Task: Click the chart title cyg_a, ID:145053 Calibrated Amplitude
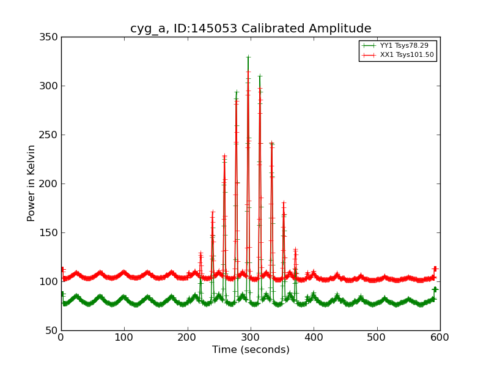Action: pyautogui.click(x=251, y=29)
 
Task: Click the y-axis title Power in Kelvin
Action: pyautogui.click(x=31, y=183)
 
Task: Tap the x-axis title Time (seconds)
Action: pyautogui.click(x=251, y=350)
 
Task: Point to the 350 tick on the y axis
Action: pyautogui.click(x=51, y=37)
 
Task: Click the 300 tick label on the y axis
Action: pyautogui.click(x=51, y=86)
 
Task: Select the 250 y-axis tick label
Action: pyautogui.click(x=51, y=135)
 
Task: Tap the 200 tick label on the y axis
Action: pyautogui.click(x=51, y=184)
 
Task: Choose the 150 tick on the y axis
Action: pyautogui.click(x=51, y=233)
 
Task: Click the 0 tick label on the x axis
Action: pyautogui.click(x=61, y=338)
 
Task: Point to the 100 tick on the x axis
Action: pyautogui.click(x=124, y=338)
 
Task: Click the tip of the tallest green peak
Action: pyautogui.click(x=248, y=57)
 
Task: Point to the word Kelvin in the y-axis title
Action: pyautogui.click(x=31, y=164)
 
